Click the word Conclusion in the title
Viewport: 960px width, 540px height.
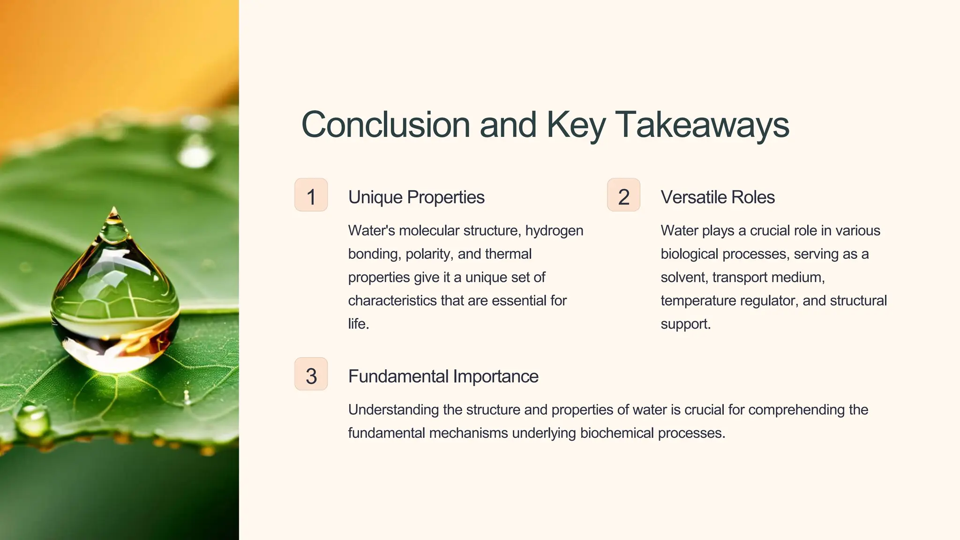tap(385, 125)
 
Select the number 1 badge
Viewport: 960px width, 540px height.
tap(311, 195)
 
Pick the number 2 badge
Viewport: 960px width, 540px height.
tap(623, 195)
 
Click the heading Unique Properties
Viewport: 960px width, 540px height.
tap(416, 197)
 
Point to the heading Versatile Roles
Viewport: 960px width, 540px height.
tap(717, 197)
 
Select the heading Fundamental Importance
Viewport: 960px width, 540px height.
tap(443, 376)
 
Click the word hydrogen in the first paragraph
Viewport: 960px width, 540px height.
tap(554, 231)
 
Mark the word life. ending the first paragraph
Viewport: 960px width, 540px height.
tap(359, 324)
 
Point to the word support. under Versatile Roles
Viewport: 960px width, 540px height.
tap(686, 324)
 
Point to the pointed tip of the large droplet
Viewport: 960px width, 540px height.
tap(114, 210)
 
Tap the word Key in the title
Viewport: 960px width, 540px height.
tap(576, 125)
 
